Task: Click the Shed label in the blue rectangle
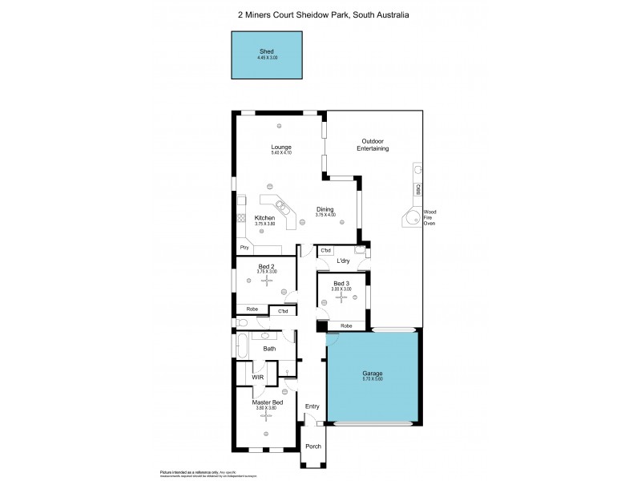point(267,51)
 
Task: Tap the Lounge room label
point(280,147)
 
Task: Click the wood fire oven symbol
point(412,217)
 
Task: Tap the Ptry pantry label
point(244,249)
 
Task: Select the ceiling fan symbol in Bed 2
point(267,281)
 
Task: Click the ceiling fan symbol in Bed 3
point(342,297)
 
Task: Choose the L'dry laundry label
point(342,261)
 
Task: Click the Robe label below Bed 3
point(346,326)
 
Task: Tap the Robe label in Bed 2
point(252,309)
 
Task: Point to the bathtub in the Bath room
point(240,346)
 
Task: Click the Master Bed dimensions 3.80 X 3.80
point(267,408)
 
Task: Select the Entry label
point(312,406)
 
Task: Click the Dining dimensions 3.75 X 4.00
point(325,215)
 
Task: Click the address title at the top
point(320,13)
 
